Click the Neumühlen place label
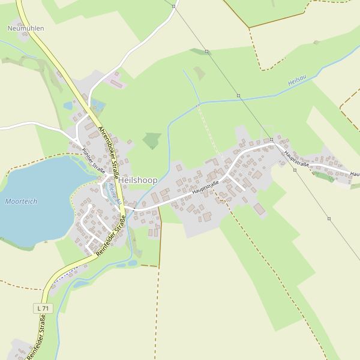click(x=26, y=28)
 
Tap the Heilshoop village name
click(x=138, y=180)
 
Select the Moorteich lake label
click(x=21, y=202)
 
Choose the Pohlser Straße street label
click(x=94, y=161)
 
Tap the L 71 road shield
click(x=43, y=308)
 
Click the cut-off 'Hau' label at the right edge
click(x=355, y=173)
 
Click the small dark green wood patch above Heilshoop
click(x=152, y=140)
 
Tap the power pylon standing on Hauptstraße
click(x=271, y=139)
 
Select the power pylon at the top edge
click(x=173, y=7)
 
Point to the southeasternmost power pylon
click(x=329, y=218)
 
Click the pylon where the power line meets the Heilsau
click(x=238, y=95)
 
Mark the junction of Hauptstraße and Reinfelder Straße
click(x=125, y=209)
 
